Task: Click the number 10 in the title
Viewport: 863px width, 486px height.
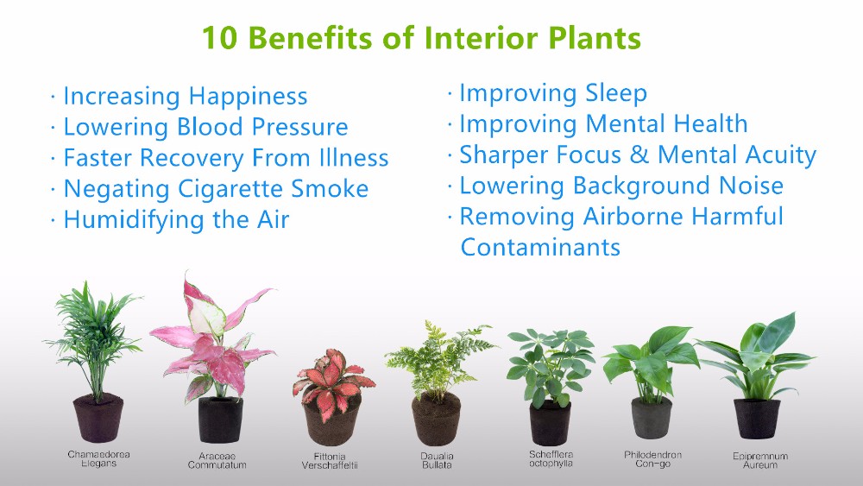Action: [220, 37]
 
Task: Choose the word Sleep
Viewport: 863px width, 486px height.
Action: [616, 93]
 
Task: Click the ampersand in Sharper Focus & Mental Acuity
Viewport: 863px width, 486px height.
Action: [639, 155]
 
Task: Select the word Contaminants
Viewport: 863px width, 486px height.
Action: [540, 247]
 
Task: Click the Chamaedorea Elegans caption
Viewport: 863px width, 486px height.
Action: [98, 458]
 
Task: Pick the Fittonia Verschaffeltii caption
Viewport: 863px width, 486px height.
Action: [330, 461]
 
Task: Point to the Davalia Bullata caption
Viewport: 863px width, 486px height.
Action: [437, 460]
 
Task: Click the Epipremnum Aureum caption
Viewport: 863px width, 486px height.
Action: [760, 460]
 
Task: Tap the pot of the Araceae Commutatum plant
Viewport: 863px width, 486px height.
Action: [220, 420]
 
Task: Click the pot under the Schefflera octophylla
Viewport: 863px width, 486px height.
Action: [550, 423]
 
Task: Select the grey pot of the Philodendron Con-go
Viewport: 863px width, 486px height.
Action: [652, 418]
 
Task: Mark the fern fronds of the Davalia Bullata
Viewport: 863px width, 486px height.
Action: [438, 357]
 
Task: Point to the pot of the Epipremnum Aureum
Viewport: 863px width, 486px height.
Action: [758, 419]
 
